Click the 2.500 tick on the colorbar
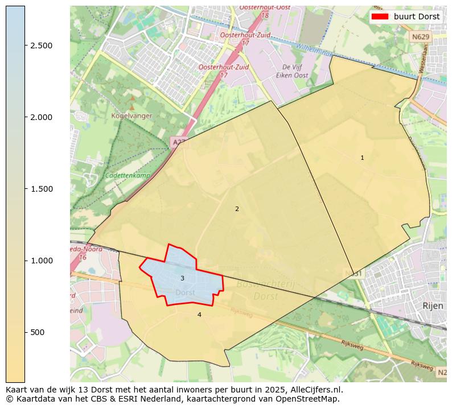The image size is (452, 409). [41, 46]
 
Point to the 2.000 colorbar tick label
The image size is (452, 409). [41, 117]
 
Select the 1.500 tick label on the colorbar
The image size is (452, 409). [41, 189]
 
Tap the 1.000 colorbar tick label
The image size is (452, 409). [41, 261]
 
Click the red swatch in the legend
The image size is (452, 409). [380, 16]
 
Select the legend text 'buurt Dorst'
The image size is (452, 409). [417, 16]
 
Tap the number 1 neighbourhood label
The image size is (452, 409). [362, 158]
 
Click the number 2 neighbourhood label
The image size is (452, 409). [237, 209]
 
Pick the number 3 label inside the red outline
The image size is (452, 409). [182, 278]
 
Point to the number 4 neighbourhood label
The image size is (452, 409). [199, 315]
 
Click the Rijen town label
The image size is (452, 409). [433, 305]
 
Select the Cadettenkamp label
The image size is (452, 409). [128, 175]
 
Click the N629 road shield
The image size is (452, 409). [420, 37]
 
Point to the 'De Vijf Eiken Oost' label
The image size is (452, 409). [291, 71]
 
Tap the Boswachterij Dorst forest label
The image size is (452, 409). [257, 290]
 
